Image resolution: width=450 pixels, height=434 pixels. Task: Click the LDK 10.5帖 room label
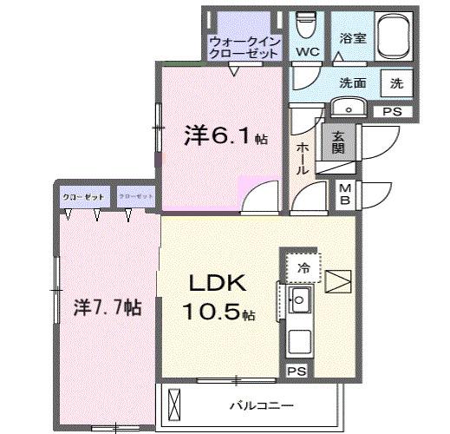pos(216,297)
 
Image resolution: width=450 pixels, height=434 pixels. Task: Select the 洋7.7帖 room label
pos(107,306)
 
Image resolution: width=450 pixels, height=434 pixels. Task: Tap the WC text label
pos(307,52)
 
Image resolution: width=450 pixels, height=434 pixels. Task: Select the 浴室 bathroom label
pos(351,39)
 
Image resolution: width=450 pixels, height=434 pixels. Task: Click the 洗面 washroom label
pos(352,84)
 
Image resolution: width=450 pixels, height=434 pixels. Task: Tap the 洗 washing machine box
pos(396,84)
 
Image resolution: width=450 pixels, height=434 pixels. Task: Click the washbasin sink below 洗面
pos(350,108)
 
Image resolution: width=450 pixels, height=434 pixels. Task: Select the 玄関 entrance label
pos(337,141)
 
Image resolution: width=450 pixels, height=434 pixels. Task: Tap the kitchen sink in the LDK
pos(301,304)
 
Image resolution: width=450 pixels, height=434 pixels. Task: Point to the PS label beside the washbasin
pos(392,110)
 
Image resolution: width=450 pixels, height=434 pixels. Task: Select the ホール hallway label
pos(303,159)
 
